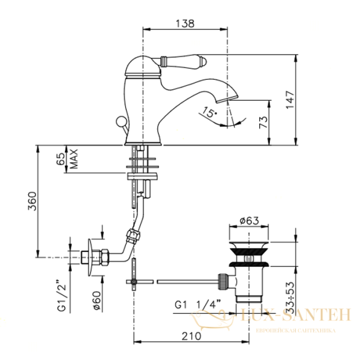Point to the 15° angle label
click(x=208, y=112)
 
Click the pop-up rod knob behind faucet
click(x=122, y=124)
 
